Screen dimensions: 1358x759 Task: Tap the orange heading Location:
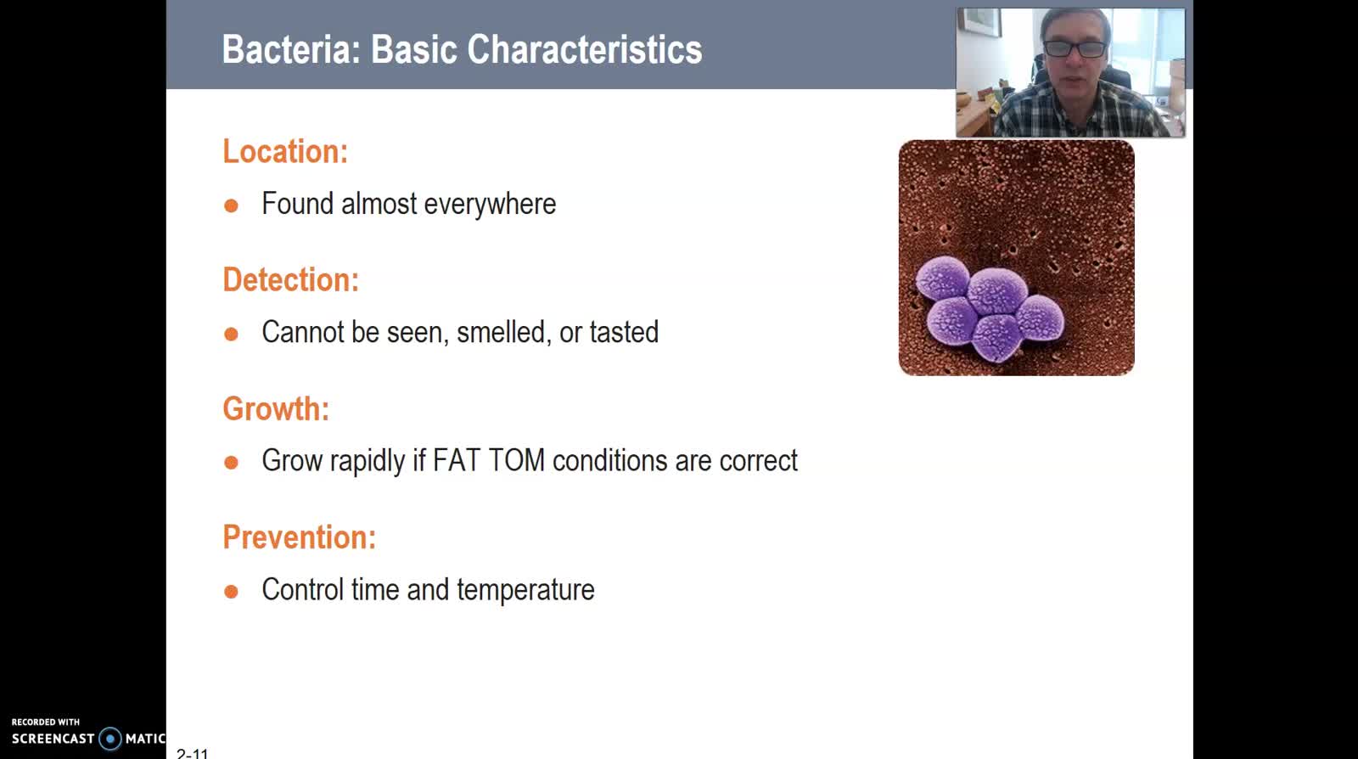285,151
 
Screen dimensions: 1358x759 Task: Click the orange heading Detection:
291,279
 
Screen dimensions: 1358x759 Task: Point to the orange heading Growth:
276,408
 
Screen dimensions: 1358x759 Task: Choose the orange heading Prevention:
300,537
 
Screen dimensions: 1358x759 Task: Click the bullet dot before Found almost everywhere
231,205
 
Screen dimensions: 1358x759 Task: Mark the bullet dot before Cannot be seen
231,334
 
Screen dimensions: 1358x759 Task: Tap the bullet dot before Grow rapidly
231,463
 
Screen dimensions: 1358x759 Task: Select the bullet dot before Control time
231,591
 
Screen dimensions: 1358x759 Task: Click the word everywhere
490,205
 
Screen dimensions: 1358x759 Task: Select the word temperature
525,590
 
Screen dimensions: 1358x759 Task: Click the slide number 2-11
192,753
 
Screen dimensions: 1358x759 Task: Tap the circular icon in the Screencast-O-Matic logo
110,739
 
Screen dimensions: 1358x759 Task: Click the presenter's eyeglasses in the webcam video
1075,48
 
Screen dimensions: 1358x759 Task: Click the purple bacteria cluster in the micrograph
990,309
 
